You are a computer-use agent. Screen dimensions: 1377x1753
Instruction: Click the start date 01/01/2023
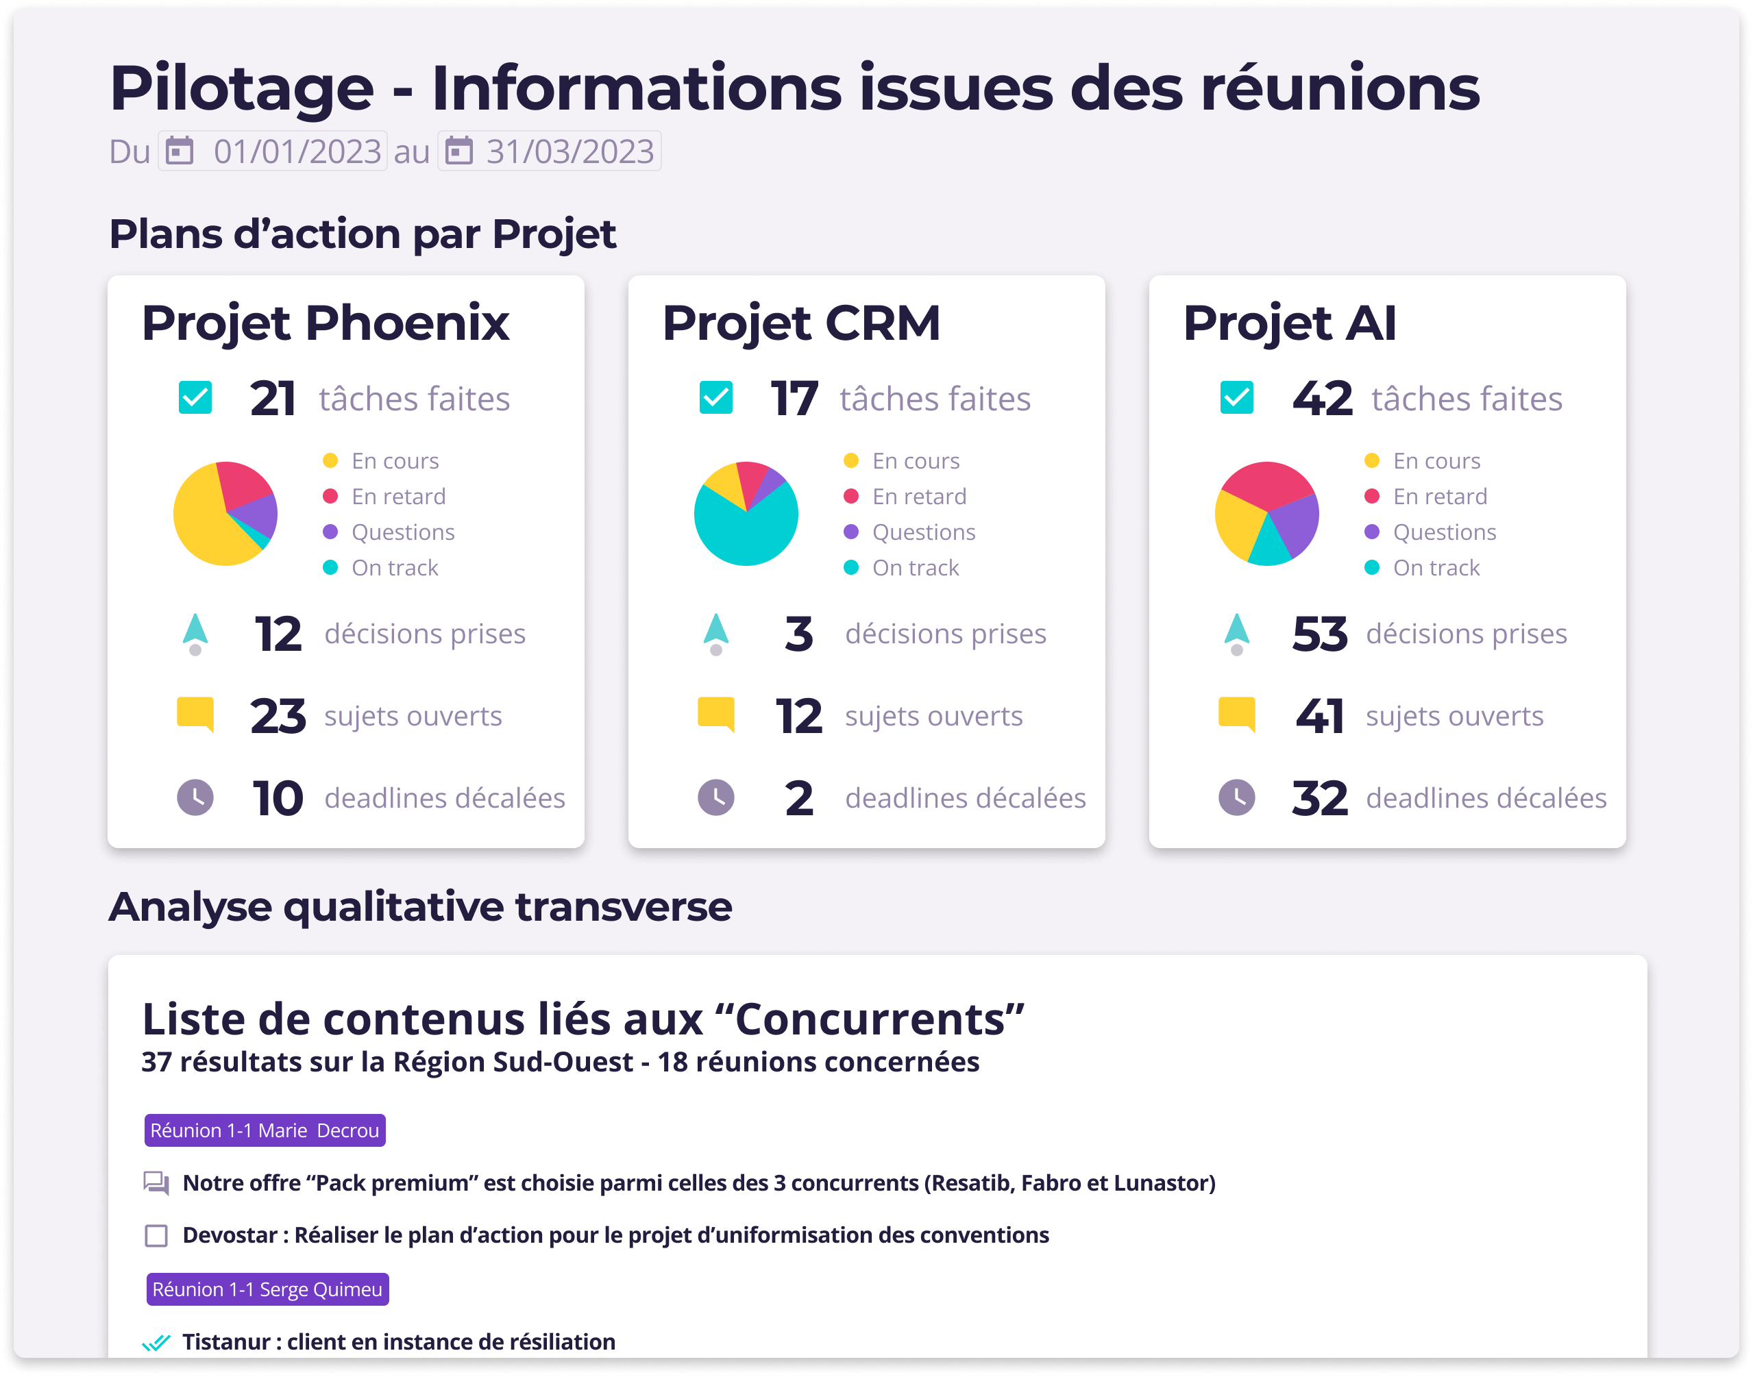(x=297, y=151)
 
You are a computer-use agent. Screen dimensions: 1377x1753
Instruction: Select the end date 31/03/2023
(x=569, y=151)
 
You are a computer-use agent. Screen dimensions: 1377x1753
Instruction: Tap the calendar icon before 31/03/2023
(x=459, y=151)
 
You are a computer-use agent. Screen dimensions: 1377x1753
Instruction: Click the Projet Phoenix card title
(x=325, y=323)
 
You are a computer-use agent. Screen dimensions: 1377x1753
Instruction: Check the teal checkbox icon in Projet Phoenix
(x=195, y=397)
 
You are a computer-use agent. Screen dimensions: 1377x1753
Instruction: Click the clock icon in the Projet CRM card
(x=715, y=797)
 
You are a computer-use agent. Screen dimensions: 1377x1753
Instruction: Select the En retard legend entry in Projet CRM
(x=918, y=497)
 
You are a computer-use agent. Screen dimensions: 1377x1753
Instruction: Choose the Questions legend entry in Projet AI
(x=1443, y=532)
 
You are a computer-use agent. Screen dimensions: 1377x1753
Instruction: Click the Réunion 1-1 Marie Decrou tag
(x=265, y=1130)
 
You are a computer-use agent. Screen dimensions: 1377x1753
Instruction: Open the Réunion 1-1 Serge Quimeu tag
(x=267, y=1289)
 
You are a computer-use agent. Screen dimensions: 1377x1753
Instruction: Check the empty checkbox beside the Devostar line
(x=156, y=1235)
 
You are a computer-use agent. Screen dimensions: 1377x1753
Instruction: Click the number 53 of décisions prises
(x=1319, y=634)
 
